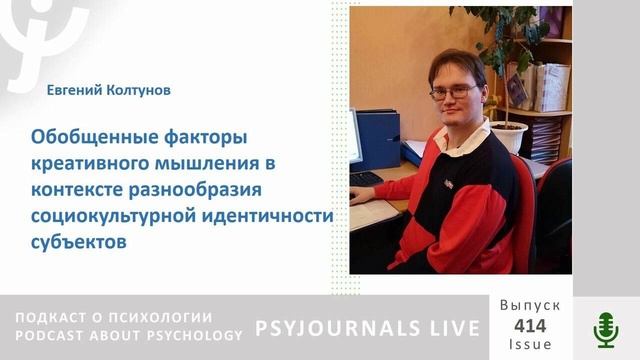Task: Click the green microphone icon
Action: click(x=606, y=328)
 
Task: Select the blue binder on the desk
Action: click(x=380, y=140)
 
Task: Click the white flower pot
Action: click(x=509, y=136)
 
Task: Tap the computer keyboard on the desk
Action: click(x=366, y=179)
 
